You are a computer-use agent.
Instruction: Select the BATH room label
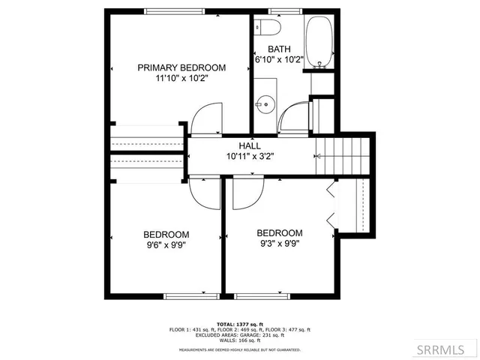point(278,49)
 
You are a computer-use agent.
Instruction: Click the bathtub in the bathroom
point(320,41)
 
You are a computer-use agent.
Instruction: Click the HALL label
point(250,145)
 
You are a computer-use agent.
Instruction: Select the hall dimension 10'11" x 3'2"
point(250,156)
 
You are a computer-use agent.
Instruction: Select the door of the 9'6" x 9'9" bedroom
point(203,193)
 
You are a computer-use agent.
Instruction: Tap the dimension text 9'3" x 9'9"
point(279,244)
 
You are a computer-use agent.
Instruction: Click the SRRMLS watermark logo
point(448,349)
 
